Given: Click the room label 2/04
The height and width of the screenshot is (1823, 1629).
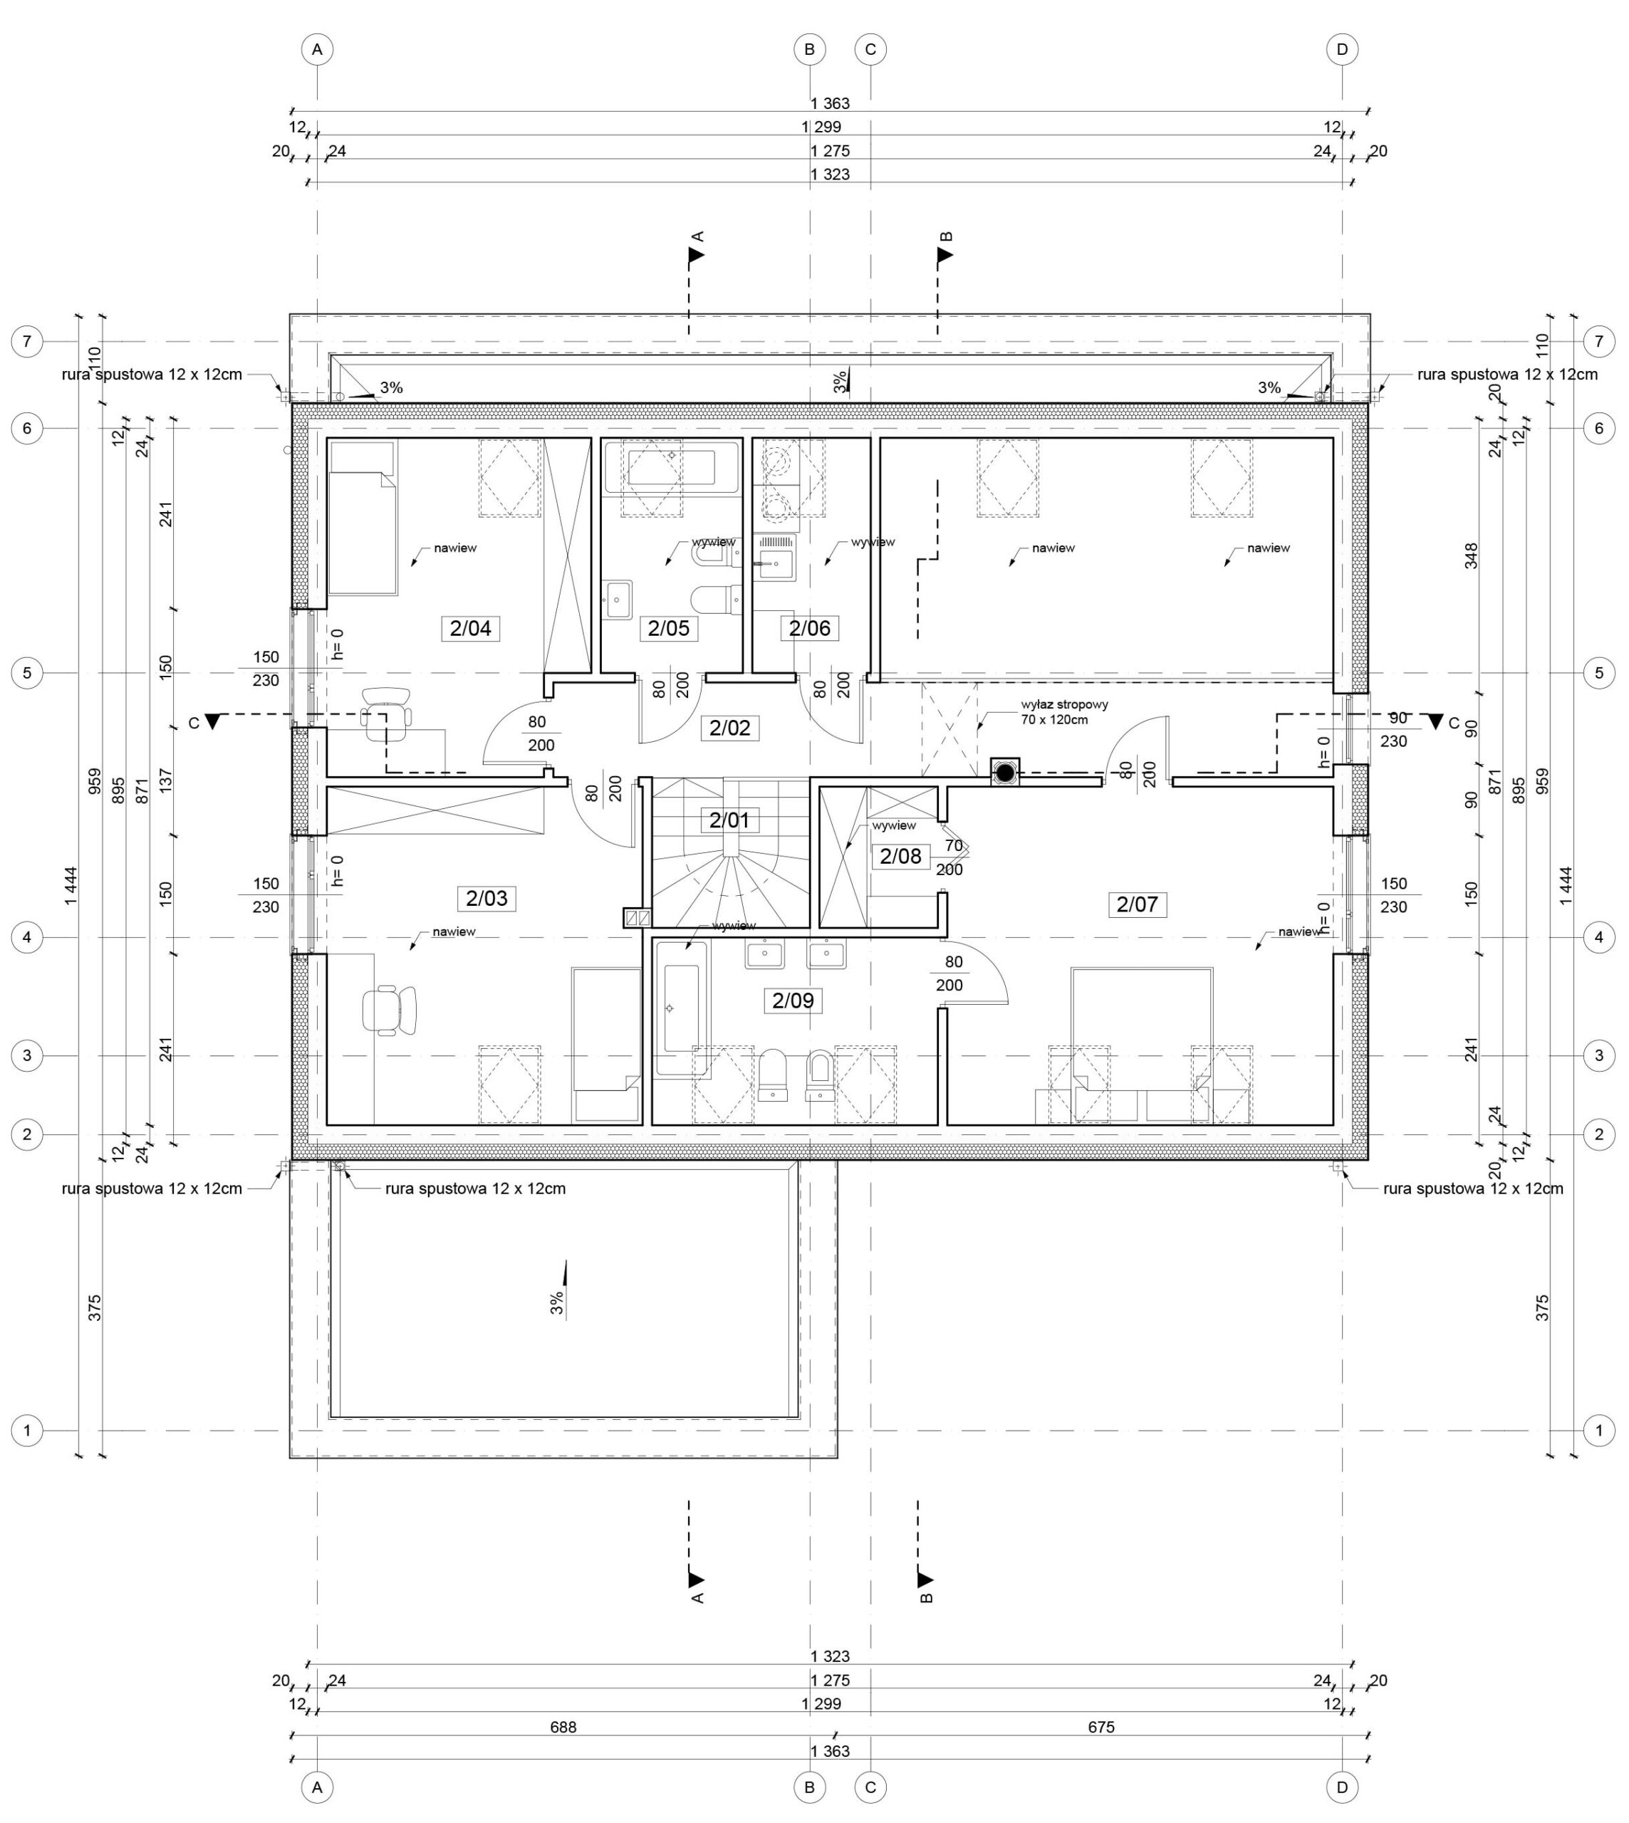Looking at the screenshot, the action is point(470,628).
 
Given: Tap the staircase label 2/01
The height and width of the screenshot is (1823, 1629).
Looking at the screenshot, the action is point(729,820).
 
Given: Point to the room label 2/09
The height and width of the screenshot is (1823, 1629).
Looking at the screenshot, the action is point(793,1001).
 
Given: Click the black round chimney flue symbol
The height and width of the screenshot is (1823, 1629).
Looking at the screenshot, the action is point(1005,771).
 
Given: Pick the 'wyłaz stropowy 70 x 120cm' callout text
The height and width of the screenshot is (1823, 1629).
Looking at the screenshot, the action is point(1064,712).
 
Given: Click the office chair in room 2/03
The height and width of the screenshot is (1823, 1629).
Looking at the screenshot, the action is point(390,1010).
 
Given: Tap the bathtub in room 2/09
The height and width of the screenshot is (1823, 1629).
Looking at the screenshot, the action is point(682,1008).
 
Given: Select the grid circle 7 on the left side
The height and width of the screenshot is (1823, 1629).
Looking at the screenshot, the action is point(27,341).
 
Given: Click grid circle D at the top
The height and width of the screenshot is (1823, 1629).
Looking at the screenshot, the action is point(1342,50).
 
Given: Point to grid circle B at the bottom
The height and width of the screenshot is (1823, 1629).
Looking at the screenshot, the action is point(809,1787).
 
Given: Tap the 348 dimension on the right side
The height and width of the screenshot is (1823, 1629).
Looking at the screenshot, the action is point(1471,555).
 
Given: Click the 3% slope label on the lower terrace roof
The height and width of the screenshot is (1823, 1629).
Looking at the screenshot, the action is point(557,1302).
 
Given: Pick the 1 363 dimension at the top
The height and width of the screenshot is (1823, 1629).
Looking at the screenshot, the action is point(830,104).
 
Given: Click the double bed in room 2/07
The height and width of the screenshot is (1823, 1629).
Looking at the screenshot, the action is point(1142,1045).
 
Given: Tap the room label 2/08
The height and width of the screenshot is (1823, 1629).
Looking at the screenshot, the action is point(900,857).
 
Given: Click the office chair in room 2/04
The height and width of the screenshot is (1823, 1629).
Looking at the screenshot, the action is point(387,714).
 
